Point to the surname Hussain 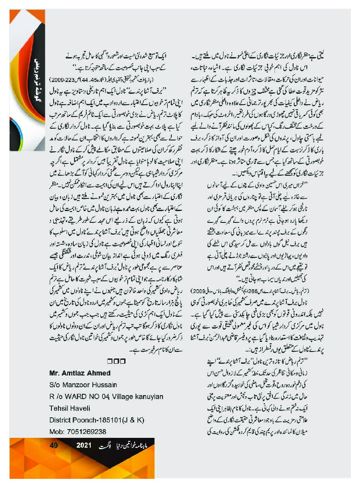[111, 385]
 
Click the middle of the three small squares [116, 361]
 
